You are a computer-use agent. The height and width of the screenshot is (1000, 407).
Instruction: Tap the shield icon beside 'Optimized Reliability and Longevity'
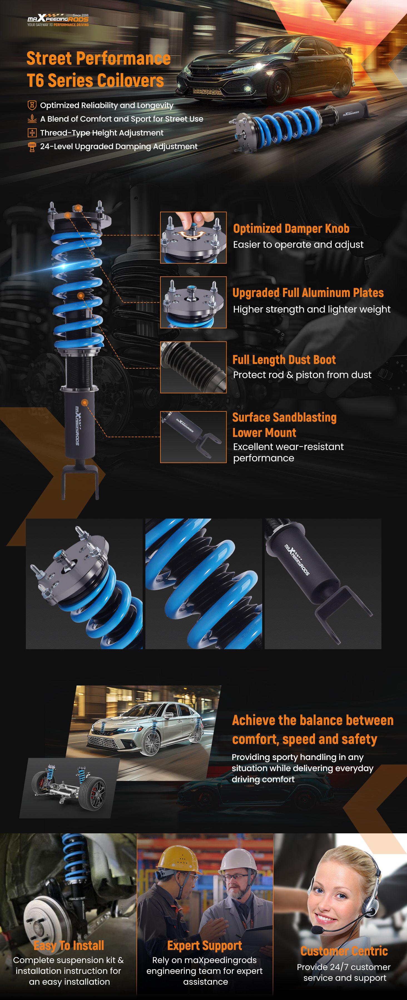pyautogui.click(x=32, y=105)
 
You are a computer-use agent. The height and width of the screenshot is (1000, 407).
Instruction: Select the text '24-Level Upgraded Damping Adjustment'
pyautogui.click(x=119, y=146)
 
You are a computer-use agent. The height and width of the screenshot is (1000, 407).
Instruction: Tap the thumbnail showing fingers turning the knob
pyautogui.click(x=193, y=237)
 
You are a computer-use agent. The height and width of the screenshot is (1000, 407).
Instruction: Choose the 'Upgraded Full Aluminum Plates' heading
pyautogui.click(x=308, y=293)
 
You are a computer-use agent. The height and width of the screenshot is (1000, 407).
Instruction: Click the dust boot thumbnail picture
pyautogui.click(x=193, y=367)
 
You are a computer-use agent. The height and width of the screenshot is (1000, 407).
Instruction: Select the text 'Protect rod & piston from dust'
pyautogui.click(x=302, y=375)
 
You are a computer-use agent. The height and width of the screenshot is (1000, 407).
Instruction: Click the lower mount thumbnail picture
pyautogui.click(x=193, y=437)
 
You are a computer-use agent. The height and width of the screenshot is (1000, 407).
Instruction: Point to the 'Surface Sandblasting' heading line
pyautogui.click(x=284, y=417)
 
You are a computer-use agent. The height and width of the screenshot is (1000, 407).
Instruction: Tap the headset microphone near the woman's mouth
pyautogui.click(x=317, y=930)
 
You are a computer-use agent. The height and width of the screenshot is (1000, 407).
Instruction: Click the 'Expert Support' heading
pyautogui.click(x=205, y=946)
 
